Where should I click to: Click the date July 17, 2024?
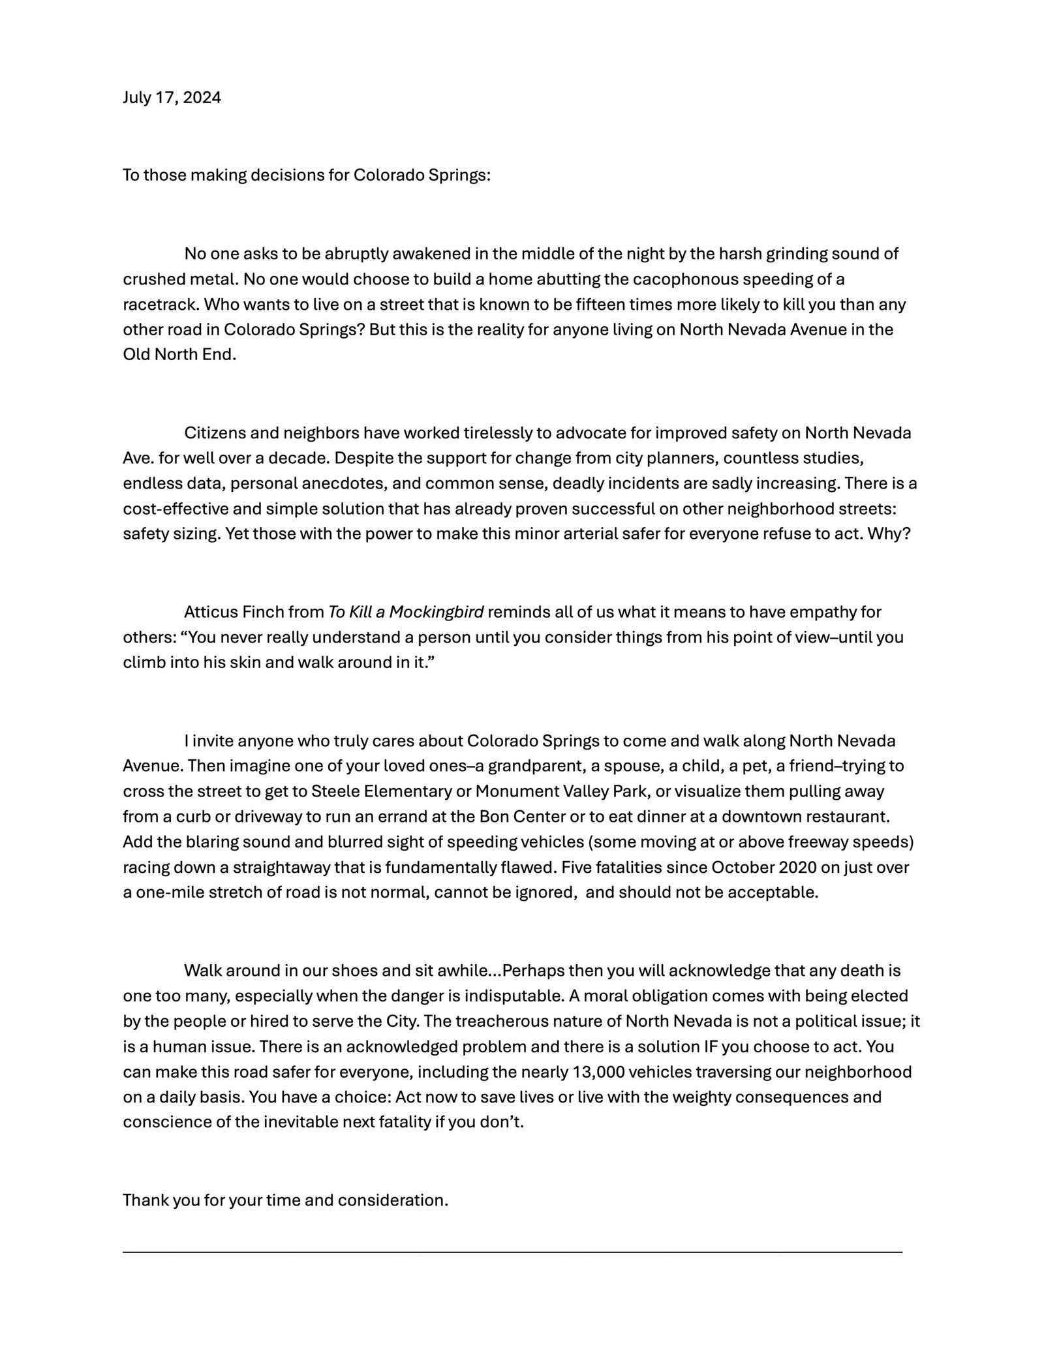(172, 98)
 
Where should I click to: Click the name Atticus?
(209, 612)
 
